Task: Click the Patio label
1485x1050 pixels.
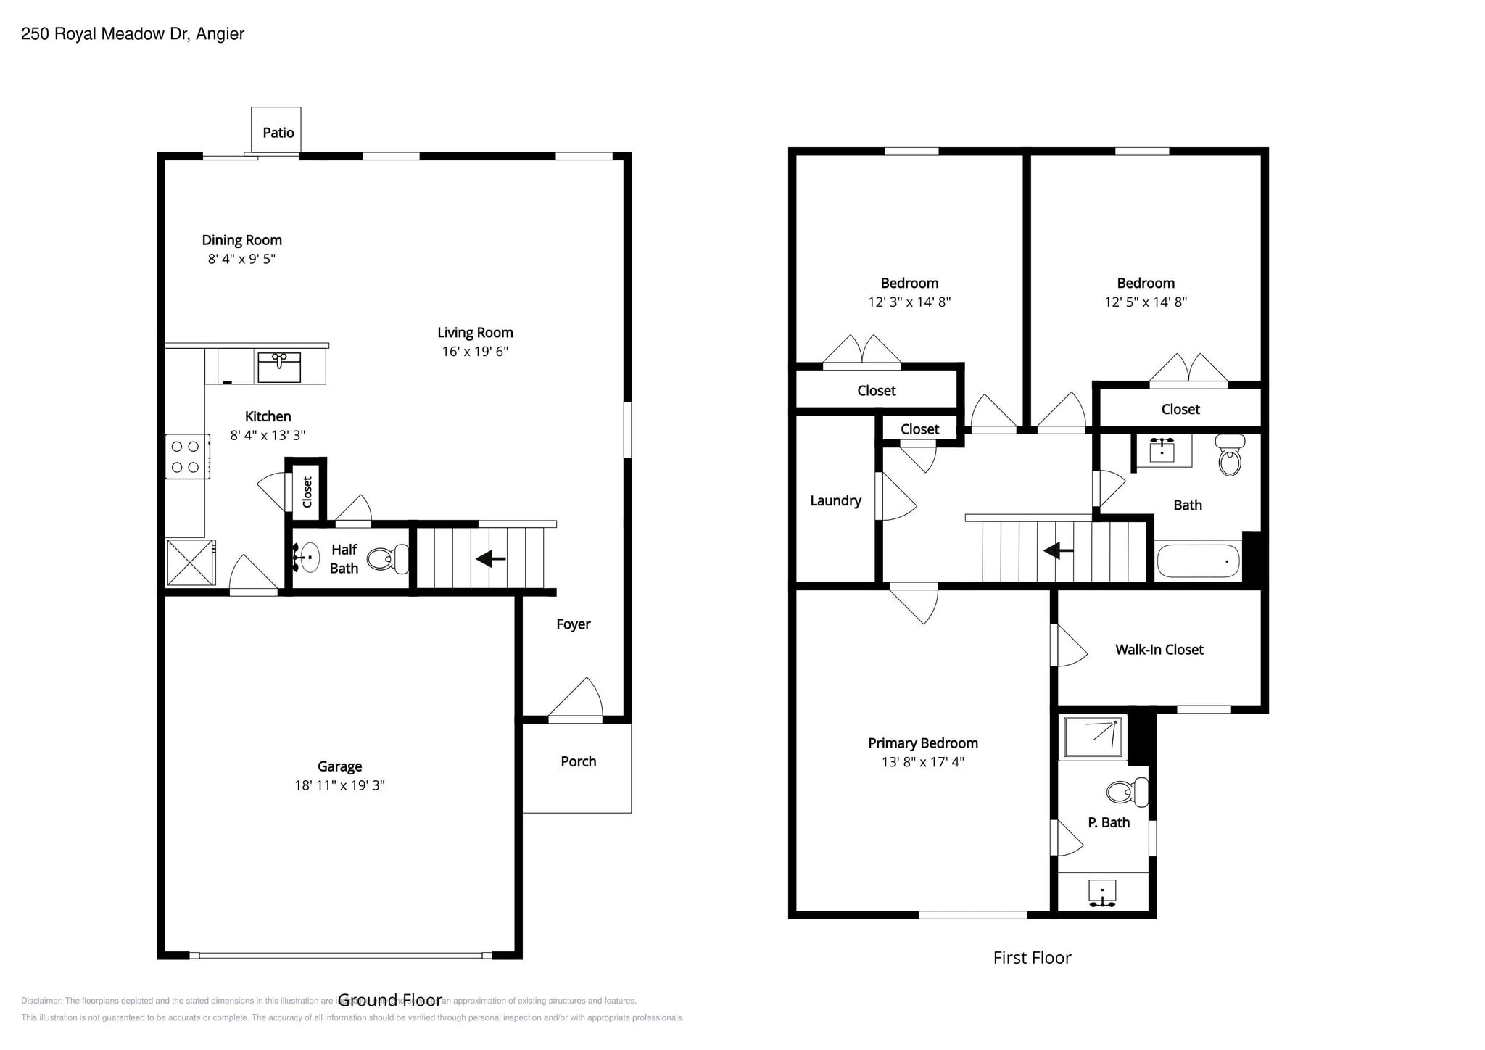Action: pyautogui.click(x=278, y=133)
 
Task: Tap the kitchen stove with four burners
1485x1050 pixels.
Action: pyautogui.click(x=186, y=457)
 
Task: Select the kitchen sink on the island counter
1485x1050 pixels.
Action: pyautogui.click(x=279, y=368)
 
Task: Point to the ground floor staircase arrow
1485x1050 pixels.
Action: pyautogui.click(x=491, y=558)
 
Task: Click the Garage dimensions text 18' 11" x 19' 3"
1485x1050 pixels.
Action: pyautogui.click(x=339, y=785)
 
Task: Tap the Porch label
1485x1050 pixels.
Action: pyautogui.click(x=578, y=761)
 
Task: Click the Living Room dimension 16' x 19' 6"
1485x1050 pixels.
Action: pyautogui.click(x=475, y=352)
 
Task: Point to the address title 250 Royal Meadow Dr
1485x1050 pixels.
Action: pyautogui.click(x=133, y=34)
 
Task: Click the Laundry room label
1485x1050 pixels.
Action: pyautogui.click(x=835, y=500)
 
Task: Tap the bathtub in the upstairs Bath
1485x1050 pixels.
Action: pyautogui.click(x=1197, y=561)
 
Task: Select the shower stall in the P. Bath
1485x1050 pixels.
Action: pyautogui.click(x=1093, y=737)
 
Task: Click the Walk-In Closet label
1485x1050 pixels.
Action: pyautogui.click(x=1159, y=650)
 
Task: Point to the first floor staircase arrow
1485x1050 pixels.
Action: pyautogui.click(x=1059, y=551)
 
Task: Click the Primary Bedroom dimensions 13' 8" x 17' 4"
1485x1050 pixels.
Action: pyautogui.click(x=922, y=762)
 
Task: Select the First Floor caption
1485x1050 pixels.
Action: pyautogui.click(x=1032, y=958)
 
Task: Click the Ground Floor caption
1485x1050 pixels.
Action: pyautogui.click(x=389, y=1001)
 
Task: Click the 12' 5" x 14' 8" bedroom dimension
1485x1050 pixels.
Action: pyautogui.click(x=1145, y=302)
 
